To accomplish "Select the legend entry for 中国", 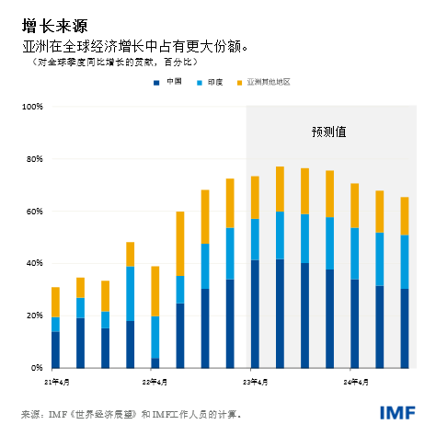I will (168, 82).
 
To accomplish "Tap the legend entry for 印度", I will (212, 82).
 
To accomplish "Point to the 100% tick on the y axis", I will (32, 107).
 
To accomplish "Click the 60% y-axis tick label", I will (34, 212).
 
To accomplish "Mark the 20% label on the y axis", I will (34, 316).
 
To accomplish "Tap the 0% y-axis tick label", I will (37, 368).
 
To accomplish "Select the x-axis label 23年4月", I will (255, 380).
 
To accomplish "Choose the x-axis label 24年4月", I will (355, 380).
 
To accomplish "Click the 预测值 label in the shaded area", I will (328, 132).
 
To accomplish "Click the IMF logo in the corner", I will (397, 413).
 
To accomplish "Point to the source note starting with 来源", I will (130, 414).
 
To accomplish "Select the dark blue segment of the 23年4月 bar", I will (255, 314).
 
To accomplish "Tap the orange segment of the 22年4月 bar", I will (155, 291).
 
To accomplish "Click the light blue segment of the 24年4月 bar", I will (355, 253).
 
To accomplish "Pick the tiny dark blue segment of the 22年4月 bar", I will (155, 362).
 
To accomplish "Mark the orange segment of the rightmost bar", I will (405, 216).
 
